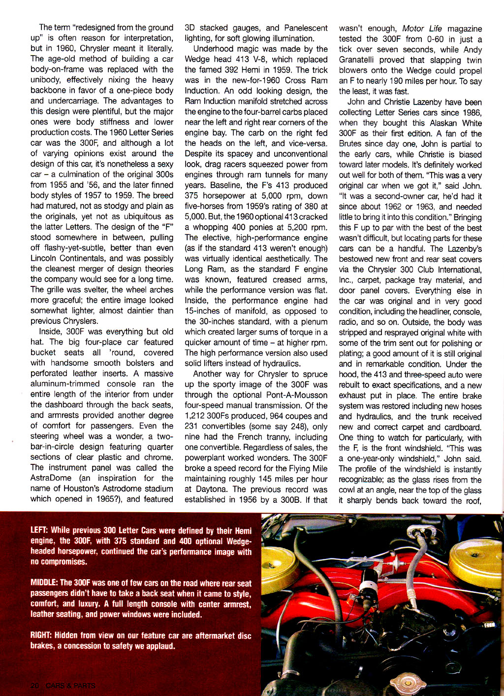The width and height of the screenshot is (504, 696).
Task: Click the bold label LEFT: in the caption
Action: (x=39, y=530)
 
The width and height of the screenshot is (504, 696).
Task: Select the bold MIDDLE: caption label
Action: (x=44, y=583)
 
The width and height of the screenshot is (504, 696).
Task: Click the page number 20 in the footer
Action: (x=34, y=686)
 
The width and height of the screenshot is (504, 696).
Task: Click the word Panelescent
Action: (x=305, y=28)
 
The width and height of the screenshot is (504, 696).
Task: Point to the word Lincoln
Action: (x=45, y=258)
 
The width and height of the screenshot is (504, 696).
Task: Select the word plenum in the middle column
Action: (x=313, y=321)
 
